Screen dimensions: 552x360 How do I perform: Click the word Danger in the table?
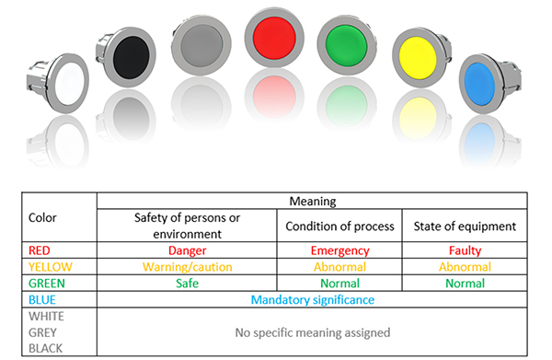point(188,250)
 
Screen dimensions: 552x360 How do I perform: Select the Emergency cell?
point(340,250)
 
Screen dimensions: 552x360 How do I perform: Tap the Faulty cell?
point(466,250)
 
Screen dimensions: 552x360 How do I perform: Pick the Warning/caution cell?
point(188,267)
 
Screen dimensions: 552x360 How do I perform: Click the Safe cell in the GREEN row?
point(188,284)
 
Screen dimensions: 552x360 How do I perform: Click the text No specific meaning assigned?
point(312,332)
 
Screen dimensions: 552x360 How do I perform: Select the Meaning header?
point(312,201)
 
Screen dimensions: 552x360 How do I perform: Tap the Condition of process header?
point(340,226)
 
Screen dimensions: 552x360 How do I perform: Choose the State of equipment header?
point(466,226)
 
